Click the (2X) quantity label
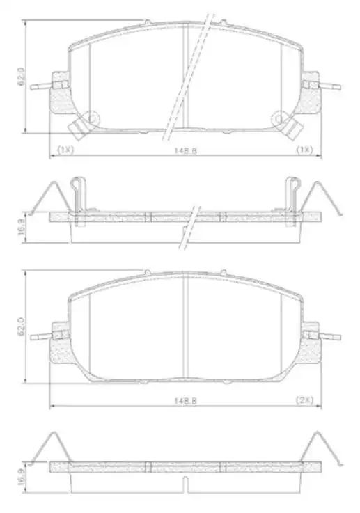305,400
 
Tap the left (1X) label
65,150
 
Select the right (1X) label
304,150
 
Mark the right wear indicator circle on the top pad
280,118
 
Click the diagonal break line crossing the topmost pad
187,77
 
